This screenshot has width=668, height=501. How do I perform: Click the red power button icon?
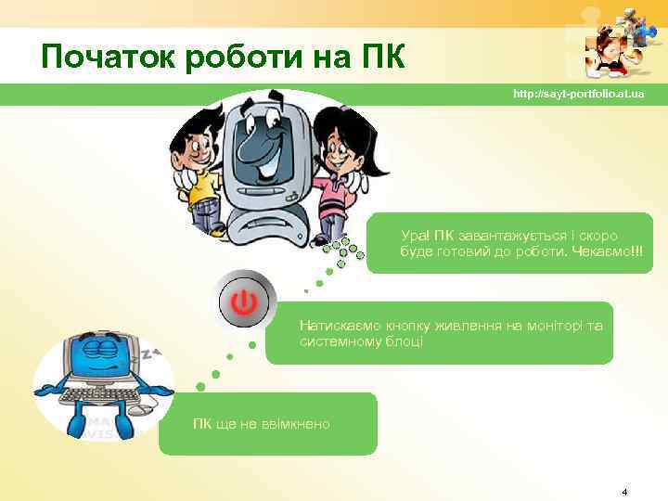[244, 302]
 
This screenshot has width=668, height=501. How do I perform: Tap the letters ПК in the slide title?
[379, 58]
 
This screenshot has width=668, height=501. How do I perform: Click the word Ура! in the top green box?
[414, 237]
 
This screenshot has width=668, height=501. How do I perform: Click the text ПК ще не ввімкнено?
[261, 424]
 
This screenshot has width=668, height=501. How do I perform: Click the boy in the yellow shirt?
[199, 167]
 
